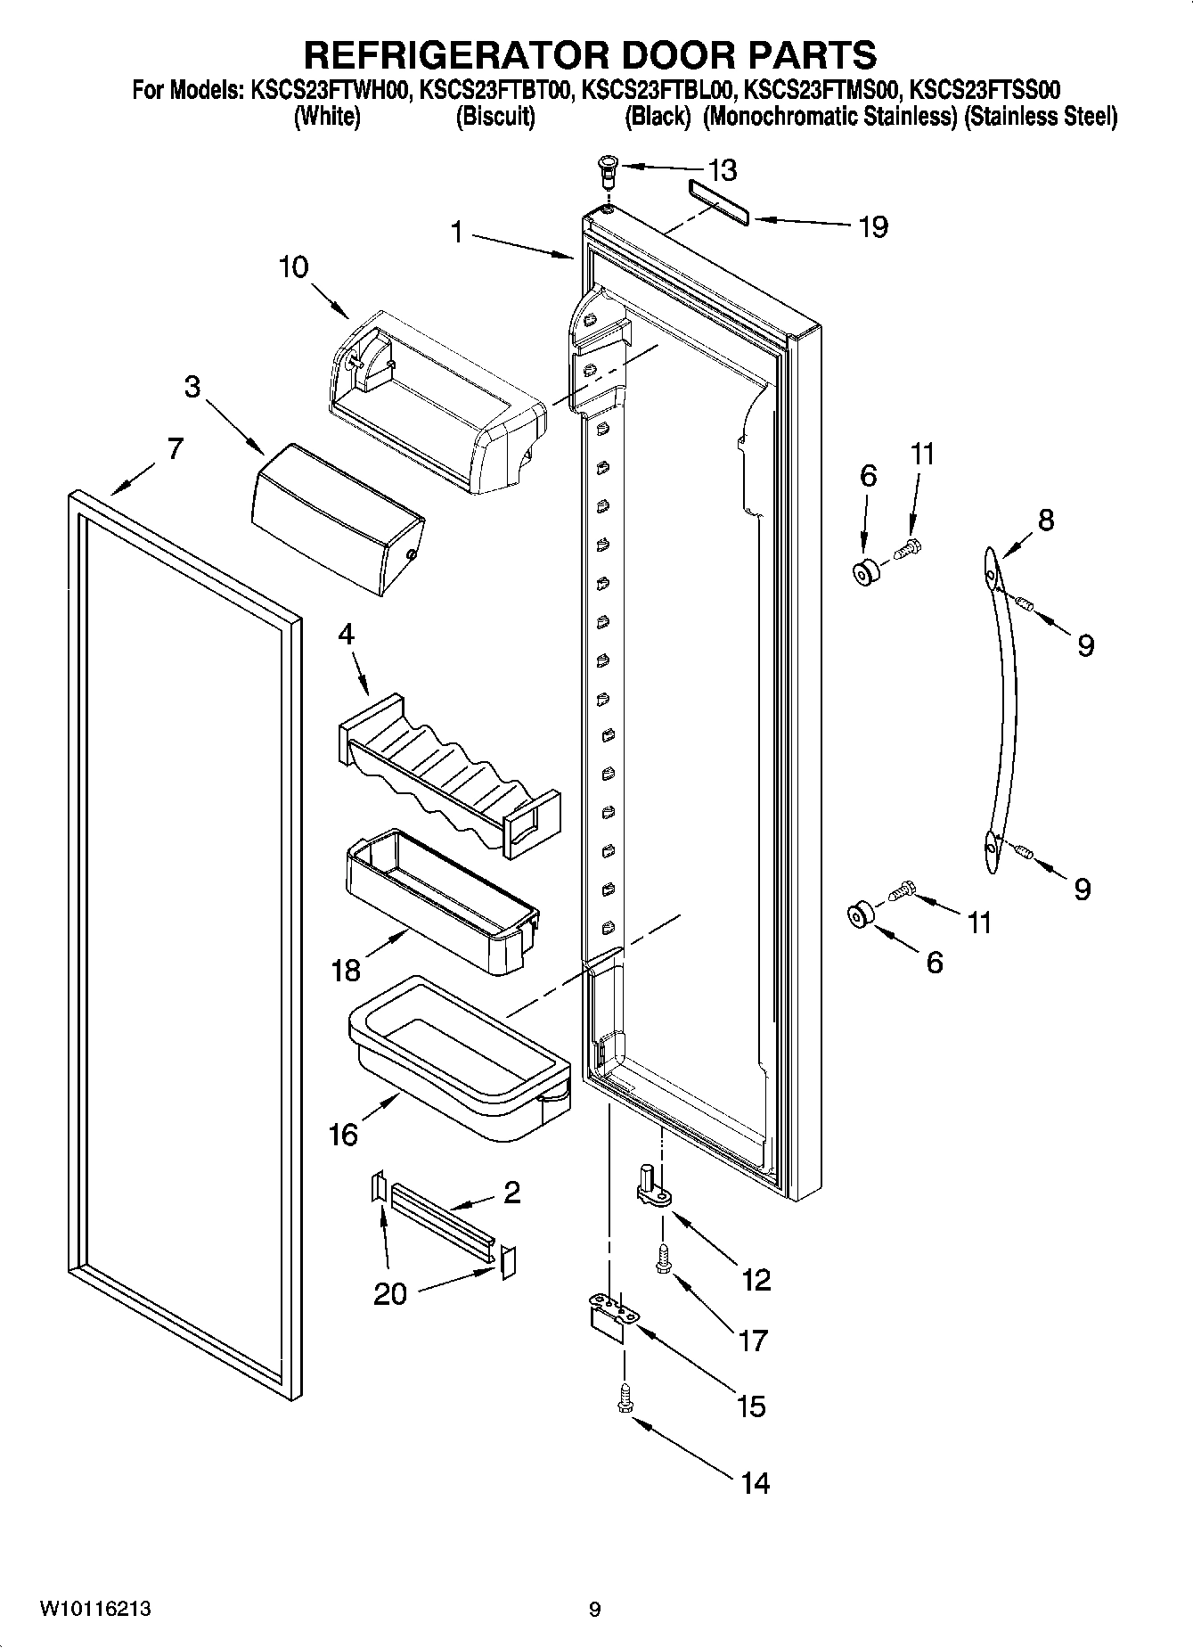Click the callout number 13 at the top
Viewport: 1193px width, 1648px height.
tap(723, 169)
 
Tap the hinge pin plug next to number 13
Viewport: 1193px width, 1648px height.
tap(609, 167)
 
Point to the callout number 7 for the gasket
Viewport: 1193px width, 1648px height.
tap(175, 448)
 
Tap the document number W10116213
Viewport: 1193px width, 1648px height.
tap(94, 1609)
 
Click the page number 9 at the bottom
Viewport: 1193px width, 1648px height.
tap(595, 1610)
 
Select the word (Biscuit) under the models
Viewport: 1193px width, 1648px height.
tap(495, 117)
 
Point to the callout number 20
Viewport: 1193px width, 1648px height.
tap(389, 1293)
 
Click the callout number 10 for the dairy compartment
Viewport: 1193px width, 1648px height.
tap(293, 266)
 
